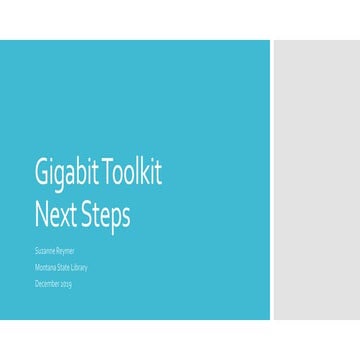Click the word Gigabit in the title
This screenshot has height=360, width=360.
click(65, 174)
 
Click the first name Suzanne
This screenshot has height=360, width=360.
click(46, 252)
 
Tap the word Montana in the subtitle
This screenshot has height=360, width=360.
click(45, 268)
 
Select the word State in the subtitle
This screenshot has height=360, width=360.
click(62, 268)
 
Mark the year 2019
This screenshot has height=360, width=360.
click(66, 285)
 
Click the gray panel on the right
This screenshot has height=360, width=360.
click(316, 180)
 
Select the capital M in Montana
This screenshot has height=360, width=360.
click(37, 268)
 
